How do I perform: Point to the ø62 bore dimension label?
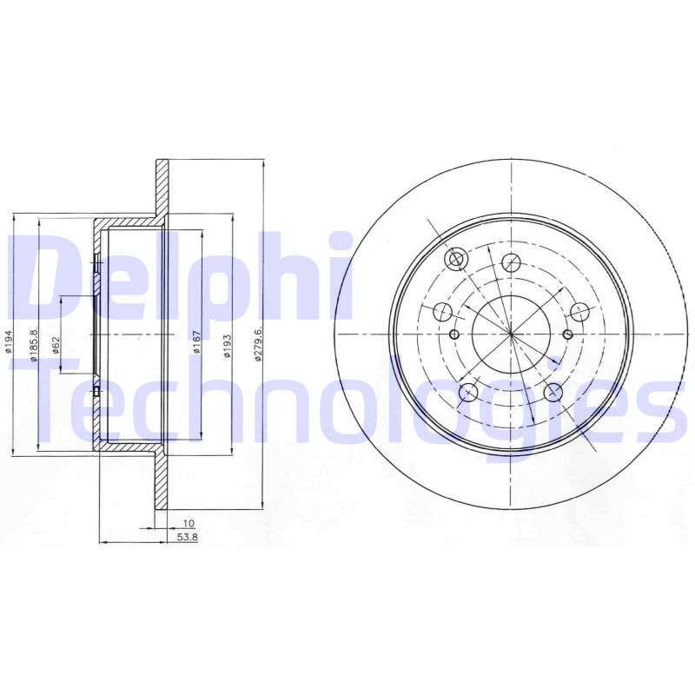coord(55,346)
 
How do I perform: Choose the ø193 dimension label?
coord(226,346)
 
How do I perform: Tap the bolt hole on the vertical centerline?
coord(512,259)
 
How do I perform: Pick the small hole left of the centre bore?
coord(454,334)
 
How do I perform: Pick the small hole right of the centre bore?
coord(568,334)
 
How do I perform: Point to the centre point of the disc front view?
coord(512,334)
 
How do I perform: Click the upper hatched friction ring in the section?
coord(162,191)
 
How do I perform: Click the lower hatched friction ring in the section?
coord(162,482)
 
